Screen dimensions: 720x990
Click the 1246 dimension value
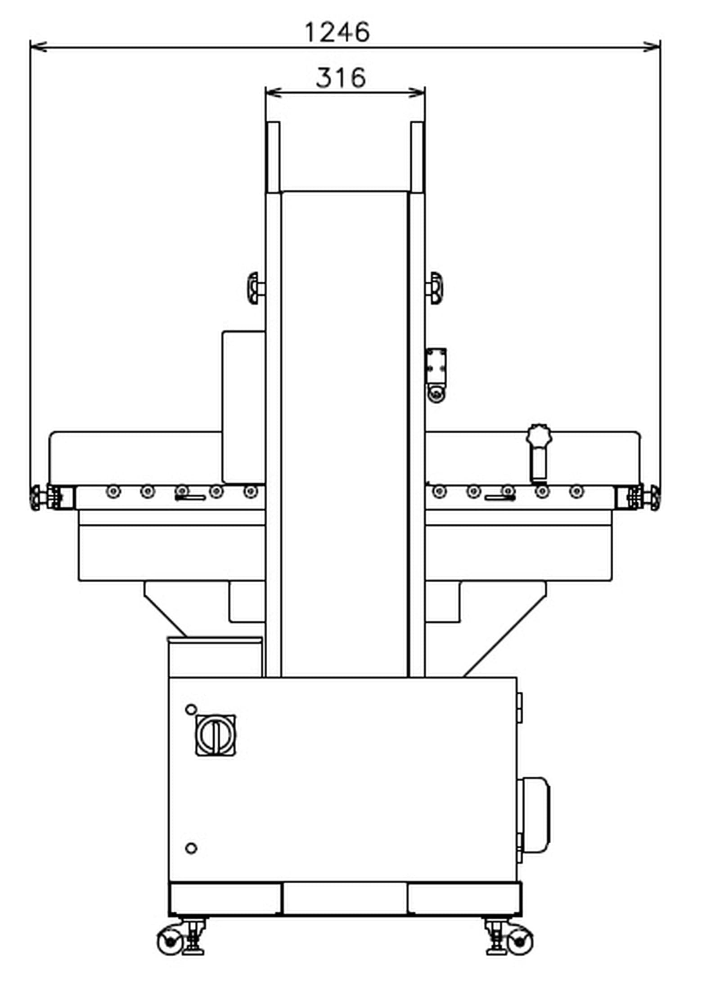337,32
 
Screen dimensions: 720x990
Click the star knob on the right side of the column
435,288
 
